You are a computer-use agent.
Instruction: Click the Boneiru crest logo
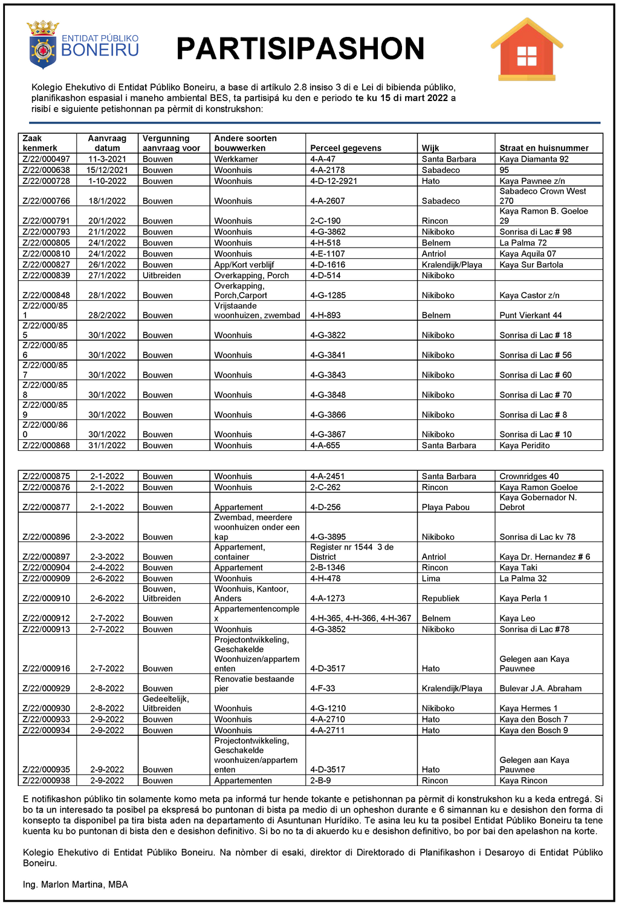pyautogui.click(x=42, y=45)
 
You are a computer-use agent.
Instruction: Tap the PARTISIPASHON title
pyautogui.click(x=300, y=48)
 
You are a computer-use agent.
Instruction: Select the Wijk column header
pyautogui.click(x=430, y=148)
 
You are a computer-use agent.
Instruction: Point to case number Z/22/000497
pyautogui.click(x=47, y=159)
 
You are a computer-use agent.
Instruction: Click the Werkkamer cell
pyautogui.click(x=236, y=159)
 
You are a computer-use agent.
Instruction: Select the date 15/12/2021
pyautogui.click(x=107, y=170)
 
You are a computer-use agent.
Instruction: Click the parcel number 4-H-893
pyautogui.click(x=325, y=315)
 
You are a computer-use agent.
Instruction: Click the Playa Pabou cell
pyautogui.click(x=446, y=507)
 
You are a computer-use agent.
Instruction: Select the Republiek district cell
pyautogui.click(x=441, y=598)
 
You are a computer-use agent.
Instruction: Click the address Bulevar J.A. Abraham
pyautogui.click(x=540, y=689)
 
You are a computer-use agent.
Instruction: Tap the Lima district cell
pyautogui.click(x=431, y=578)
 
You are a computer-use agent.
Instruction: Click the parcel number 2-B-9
pyautogui.click(x=321, y=781)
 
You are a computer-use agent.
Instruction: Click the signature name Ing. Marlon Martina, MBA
pyautogui.click(x=76, y=885)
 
